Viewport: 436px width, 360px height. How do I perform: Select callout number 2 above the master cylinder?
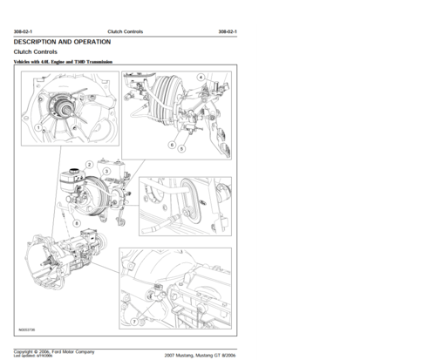tap(90, 164)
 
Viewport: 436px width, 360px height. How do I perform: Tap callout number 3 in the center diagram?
tap(106, 172)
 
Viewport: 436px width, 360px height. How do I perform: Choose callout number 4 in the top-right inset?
tap(201, 78)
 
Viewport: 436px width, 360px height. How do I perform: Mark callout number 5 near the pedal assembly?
tap(181, 149)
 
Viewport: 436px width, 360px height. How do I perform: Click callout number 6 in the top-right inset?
tap(171, 143)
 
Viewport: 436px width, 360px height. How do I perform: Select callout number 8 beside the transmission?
tap(78, 223)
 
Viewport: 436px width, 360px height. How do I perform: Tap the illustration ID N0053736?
tap(29, 330)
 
